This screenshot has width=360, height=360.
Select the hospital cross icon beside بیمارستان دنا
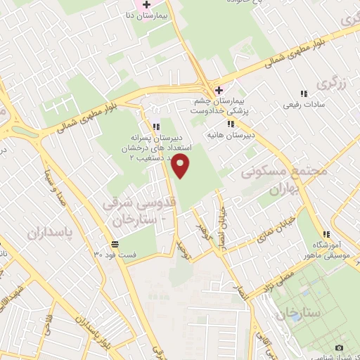point(146,4)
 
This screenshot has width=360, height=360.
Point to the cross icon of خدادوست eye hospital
point(219,90)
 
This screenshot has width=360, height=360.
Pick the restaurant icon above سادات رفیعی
point(304,94)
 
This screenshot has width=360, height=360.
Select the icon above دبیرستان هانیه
point(231,124)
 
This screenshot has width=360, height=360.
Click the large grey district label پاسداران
point(51,232)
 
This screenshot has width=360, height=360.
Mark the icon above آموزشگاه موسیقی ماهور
point(326,234)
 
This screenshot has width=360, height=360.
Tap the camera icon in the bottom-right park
point(340,347)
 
